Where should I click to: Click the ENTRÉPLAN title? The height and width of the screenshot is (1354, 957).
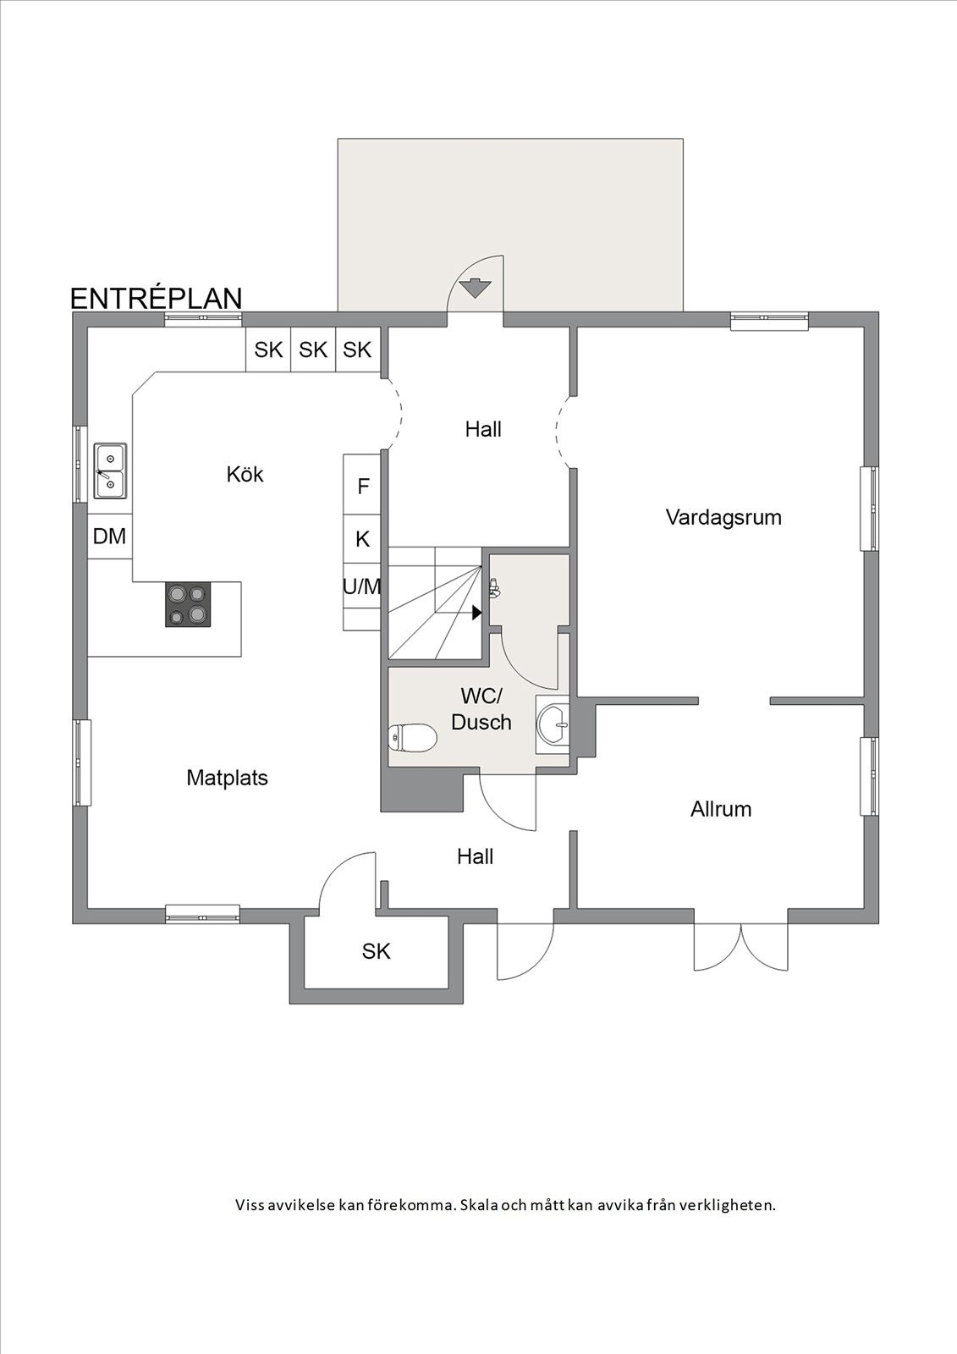pos(156,298)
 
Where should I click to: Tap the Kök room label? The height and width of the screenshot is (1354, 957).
pos(245,474)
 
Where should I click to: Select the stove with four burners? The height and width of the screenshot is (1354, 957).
pos(188,604)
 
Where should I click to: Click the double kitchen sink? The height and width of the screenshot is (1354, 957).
pos(109,471)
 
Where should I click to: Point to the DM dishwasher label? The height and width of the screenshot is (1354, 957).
pos(109,536)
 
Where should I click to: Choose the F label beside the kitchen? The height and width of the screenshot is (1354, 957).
pos(364,487)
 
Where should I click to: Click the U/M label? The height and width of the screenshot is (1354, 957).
pos(362,586)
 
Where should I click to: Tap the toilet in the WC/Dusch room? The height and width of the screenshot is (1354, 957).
pos(412,738)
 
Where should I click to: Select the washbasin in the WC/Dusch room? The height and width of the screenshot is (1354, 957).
pos(553,724)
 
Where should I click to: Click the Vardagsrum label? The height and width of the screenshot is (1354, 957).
pos(723,516)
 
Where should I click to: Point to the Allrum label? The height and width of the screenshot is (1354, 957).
pos(721,809)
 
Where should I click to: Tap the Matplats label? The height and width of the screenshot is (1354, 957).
pos(227,778)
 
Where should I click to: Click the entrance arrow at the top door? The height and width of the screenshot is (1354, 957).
pos(475,288)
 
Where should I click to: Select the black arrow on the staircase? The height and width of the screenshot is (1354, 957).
pos(477,612)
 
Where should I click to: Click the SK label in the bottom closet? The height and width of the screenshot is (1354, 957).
pos(376,951)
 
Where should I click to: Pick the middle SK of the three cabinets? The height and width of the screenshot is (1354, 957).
pos(313,350)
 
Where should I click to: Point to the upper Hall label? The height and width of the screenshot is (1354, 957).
pos(483,429)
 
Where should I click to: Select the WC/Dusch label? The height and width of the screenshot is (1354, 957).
pos(481,709)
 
